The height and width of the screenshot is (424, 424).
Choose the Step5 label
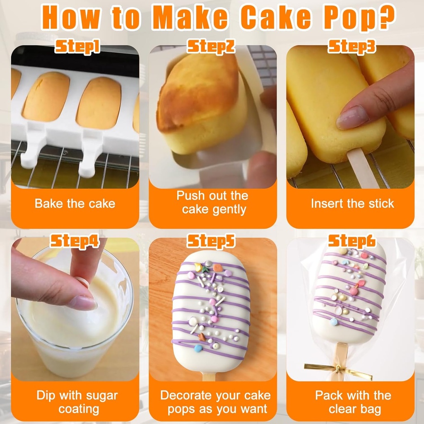[211, 240]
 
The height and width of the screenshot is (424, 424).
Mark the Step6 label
[352, 240]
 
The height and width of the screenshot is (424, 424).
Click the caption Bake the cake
[75, 203]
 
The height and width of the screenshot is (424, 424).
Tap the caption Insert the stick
[352, 203]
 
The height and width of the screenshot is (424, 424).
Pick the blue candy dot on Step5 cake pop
[198, 348]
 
